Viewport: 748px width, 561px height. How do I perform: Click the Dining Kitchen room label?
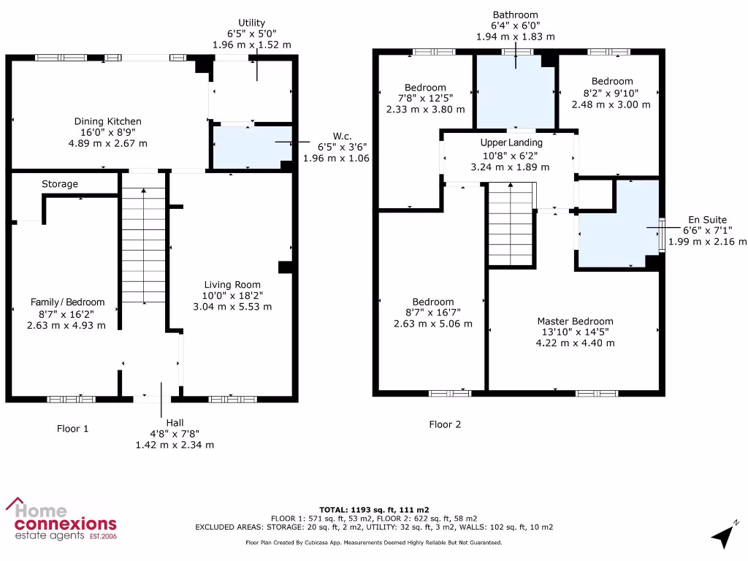point(107,121)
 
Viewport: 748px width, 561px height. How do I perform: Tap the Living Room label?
point(232,285)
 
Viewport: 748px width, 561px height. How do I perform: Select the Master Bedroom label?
point(575,321)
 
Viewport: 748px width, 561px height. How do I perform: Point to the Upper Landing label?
point(511,142)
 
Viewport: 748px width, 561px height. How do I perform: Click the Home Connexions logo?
point(61,519)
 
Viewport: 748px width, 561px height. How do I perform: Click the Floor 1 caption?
point(73,429)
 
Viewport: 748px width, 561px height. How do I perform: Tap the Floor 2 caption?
point(445,424)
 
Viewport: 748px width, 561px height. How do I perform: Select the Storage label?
point(60,184)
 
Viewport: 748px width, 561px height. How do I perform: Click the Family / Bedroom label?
point(67,302)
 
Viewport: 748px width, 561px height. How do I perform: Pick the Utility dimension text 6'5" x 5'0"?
point(251,34)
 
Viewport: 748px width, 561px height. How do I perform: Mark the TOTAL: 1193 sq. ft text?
point(373,509)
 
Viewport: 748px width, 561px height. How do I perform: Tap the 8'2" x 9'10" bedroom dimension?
point(612,93)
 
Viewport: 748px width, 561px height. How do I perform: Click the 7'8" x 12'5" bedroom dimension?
point(425,98)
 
